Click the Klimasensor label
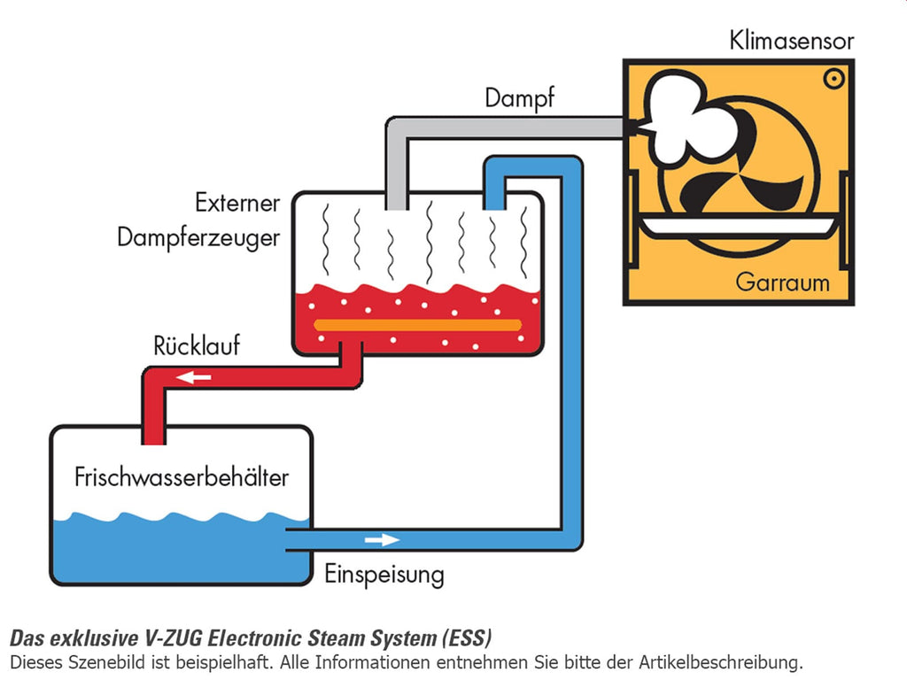pos(791,41)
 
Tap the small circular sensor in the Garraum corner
pos(833,79)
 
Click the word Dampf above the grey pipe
pos(519,98)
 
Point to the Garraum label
pos(782,282)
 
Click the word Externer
pos(237,203)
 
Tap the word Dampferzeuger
pos(198,238)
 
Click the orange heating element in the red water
pos(418,325)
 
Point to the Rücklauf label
pos(197,346)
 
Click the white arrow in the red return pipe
pos(193,377)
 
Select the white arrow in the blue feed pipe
pos(382,540)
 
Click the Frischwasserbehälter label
pos(182,477)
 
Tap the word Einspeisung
pos(384,575)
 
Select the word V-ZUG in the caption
pos(173,638)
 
